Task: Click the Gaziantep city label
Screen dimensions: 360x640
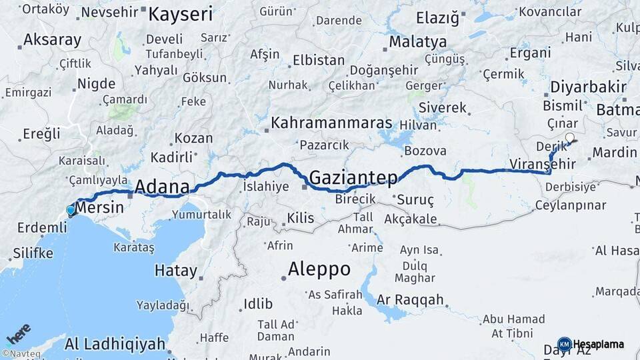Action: [353, 177]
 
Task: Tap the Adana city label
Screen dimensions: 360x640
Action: [162, 187]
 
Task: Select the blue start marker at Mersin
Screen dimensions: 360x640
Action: [71, 211]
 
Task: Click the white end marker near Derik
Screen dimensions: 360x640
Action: [569, 139]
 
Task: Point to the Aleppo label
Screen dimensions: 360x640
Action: [319, 269]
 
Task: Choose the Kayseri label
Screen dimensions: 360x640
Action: [180, 14]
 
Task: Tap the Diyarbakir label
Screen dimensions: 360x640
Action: [589, 87]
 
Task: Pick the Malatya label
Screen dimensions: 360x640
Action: [418, 42]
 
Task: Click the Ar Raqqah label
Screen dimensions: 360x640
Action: [410, 300]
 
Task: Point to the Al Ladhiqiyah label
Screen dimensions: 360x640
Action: [115, 344]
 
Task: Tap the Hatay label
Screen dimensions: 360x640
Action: [176, 271]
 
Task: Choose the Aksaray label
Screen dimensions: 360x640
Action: [52, 40]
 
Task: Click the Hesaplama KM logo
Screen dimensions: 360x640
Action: [591, 344]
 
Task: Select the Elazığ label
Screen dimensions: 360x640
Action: [437, 18]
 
